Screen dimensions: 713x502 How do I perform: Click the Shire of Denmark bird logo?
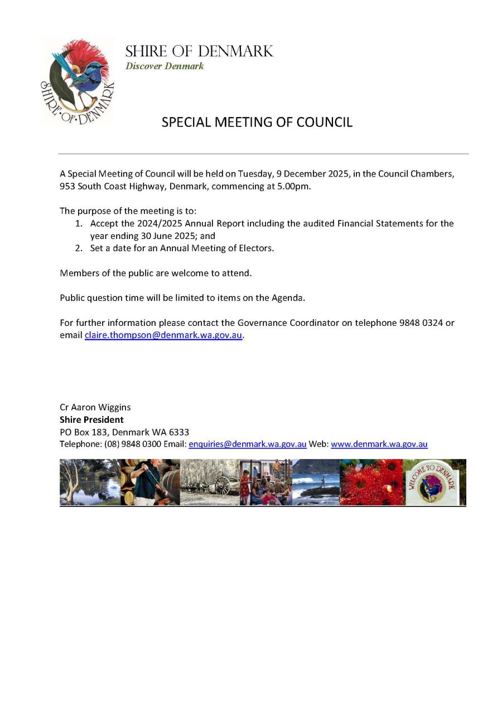point(77,81)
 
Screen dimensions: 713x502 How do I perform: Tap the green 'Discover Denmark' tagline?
point(165,66)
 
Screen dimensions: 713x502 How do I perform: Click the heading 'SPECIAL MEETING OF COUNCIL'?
point(257,123)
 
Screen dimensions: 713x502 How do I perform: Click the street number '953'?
point(67,187)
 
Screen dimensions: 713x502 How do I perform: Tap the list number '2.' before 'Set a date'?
point(79,248)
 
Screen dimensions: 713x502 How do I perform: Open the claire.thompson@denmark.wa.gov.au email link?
point(163,335)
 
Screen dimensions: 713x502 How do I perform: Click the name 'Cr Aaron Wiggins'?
point(95,407)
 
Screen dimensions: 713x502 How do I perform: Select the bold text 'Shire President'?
point(91,419)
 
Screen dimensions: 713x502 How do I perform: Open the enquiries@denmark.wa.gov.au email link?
point(248,445)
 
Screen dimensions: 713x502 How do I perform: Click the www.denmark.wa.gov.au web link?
point(379,445)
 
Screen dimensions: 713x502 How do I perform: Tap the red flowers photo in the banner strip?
point(371,482)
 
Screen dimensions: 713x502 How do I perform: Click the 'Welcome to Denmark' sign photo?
point(435,482)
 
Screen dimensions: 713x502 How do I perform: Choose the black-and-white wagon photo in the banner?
point(210,482)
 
